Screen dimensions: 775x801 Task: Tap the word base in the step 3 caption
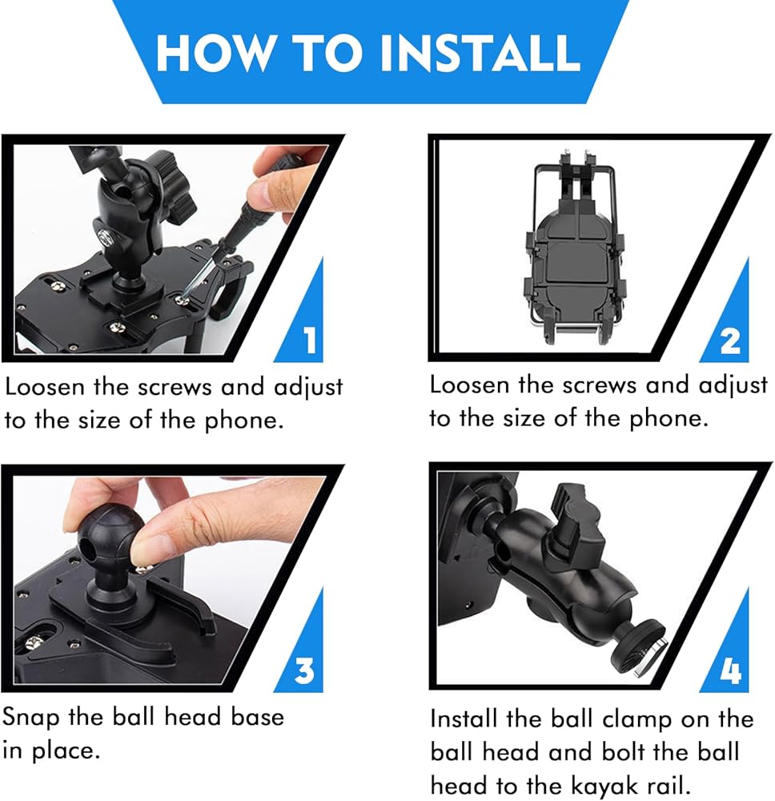click(x=257, y=717)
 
